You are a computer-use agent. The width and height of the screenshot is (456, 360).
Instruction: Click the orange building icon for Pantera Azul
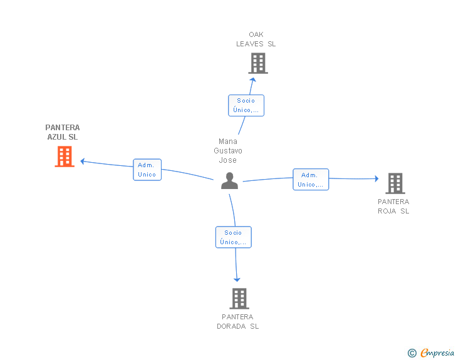click(65, 157)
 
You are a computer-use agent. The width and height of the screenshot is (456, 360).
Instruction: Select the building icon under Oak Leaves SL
click(258, 63)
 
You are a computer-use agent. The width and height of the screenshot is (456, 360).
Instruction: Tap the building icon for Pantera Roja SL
click(395, 183)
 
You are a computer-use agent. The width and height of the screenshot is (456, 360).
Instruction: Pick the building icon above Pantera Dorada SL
click(239, 299)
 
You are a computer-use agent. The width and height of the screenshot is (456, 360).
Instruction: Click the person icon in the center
click(229, 181)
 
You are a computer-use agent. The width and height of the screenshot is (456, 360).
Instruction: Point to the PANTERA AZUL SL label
click(63, 132)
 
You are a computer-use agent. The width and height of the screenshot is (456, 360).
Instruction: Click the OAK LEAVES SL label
click(256, 39)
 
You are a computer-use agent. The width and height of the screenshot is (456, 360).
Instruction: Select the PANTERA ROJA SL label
click(393, 207)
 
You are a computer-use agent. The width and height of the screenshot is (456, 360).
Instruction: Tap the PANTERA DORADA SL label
click(237, 322)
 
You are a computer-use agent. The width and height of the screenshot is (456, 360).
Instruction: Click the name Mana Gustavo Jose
click(228, 151)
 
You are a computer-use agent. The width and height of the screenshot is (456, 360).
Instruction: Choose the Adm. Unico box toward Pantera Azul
click(147, 170)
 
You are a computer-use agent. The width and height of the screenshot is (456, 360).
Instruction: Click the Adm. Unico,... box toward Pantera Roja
click(311, 180)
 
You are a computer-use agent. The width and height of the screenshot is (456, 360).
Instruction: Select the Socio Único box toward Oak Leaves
click(246, 106)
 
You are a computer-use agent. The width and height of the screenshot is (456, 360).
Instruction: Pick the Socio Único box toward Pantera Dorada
click(233, 237)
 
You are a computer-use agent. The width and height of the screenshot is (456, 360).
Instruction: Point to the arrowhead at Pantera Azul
click(83, 162)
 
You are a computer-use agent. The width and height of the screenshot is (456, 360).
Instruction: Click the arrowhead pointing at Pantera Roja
click(376, 178)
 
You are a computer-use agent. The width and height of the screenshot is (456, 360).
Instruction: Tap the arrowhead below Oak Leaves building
click(253, 80)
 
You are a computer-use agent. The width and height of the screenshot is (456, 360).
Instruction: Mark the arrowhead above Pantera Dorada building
click(237, 280)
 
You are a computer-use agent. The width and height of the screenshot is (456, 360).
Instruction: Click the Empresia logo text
click(437, 352)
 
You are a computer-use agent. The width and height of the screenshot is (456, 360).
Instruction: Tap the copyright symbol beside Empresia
click(412, 353)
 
